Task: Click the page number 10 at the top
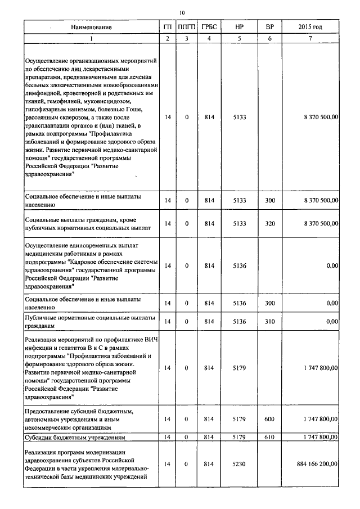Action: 181,12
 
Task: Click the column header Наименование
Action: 92,27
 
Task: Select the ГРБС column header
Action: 210,27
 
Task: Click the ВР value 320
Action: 269,223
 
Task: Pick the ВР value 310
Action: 269,321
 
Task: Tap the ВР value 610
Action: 269,436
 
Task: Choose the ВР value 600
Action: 269,419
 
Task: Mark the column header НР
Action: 239,27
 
